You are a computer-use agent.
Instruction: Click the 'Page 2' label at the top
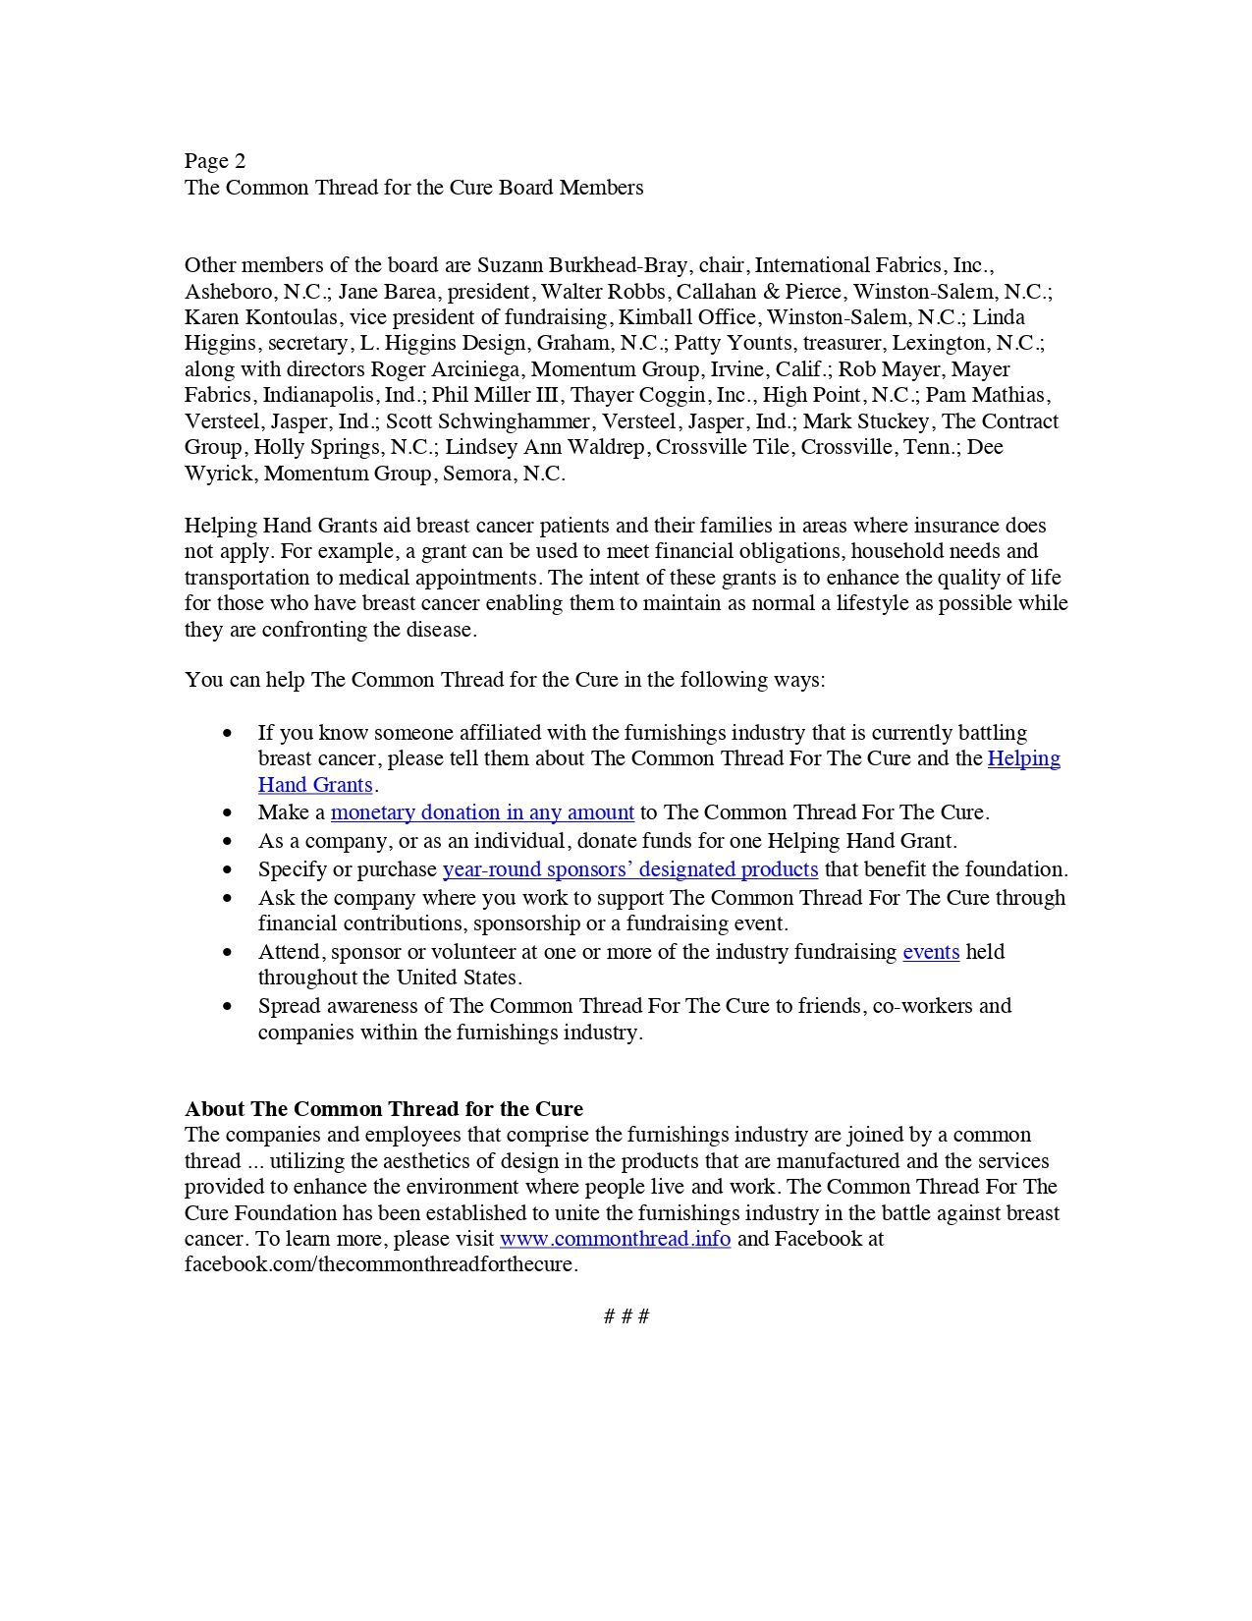(215, 161)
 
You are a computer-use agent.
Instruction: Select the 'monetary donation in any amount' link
(482, 812)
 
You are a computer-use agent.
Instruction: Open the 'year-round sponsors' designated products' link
(630, 869)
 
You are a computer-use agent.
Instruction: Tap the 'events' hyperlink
(931, 952)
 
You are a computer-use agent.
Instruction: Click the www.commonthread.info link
(615, 1239)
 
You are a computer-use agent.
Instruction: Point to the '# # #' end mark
(626, 1316)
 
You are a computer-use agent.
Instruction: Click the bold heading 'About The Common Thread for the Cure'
(384, 1109)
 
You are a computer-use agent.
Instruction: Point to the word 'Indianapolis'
(319, 395)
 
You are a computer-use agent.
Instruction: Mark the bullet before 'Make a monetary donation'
(228, 813)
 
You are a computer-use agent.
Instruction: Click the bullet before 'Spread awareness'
(228, 1007)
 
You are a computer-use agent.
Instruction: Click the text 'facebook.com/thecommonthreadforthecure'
(381, 1264)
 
